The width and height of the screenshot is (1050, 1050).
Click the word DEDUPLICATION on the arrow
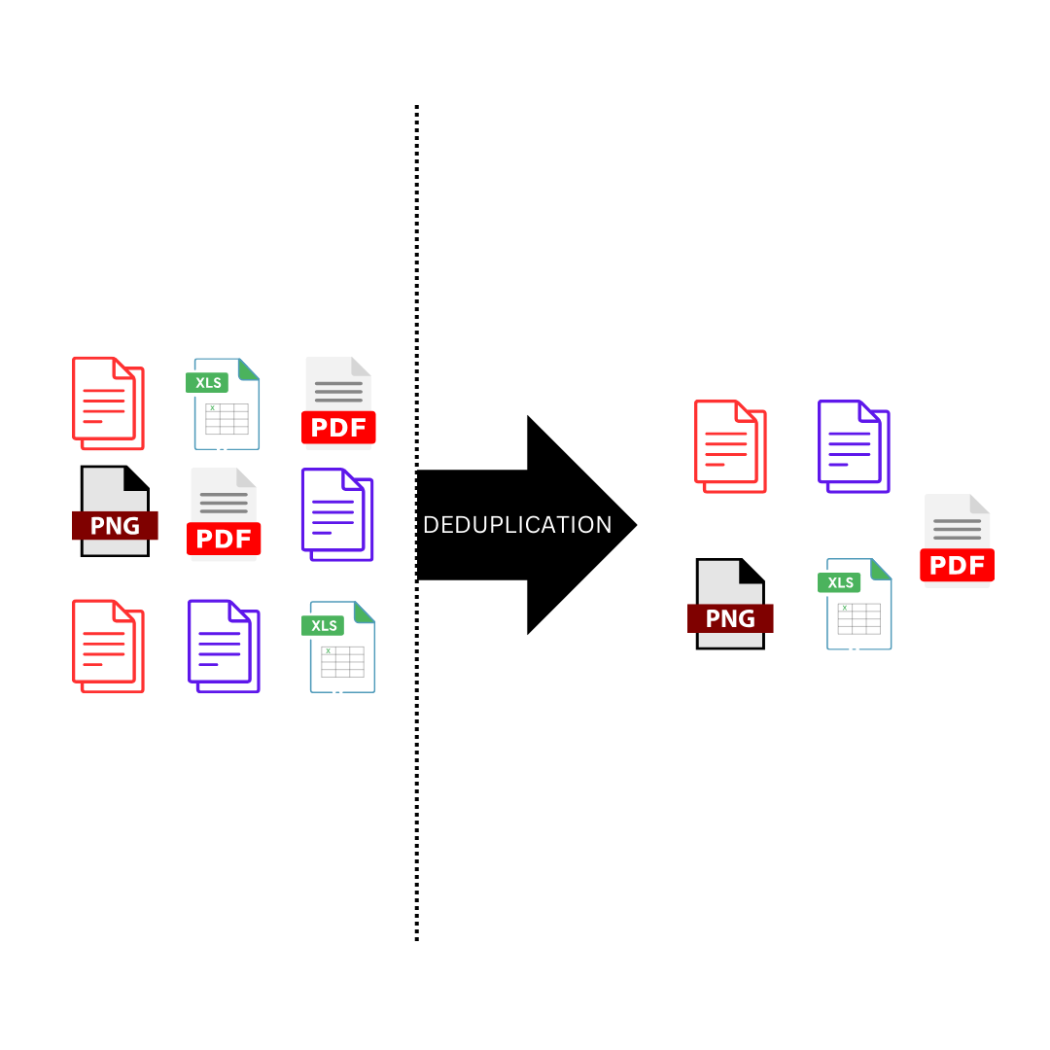[x=517, y=525]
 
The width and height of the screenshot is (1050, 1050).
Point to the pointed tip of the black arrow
[x=634, y=525]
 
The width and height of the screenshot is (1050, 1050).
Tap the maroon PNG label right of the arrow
[x=730, y=618]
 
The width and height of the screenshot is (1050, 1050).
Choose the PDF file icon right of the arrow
[x=958, y=541]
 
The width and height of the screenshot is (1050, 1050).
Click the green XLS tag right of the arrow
[x=841, y=582]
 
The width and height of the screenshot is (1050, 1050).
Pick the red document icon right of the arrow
[x=729, y=446]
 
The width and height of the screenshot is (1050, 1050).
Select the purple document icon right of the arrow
[x=853, y=446]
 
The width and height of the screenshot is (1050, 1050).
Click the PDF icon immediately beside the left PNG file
[x=225, y=513]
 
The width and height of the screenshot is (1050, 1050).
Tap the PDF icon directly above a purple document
[x=338, y=401]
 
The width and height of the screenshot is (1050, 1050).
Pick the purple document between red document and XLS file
[x=224, y=647]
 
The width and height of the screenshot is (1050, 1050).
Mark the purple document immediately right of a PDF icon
[x=336, y=514]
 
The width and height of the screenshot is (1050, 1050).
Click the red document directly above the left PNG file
[x=108, y=403]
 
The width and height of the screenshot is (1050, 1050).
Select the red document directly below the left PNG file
[x=108, y=647]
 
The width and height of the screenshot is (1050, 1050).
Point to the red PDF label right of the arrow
[x=958, y=565]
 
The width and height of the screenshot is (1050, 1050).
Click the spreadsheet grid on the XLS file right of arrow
[x=858, y=618]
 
